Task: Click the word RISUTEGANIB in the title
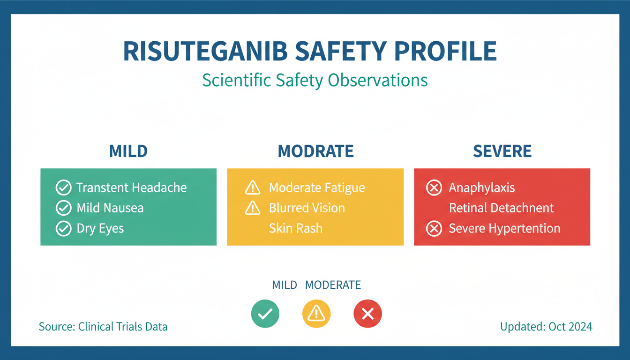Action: click(205, 51)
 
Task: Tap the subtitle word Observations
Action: click(378, 80)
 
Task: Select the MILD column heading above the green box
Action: click(128, 151)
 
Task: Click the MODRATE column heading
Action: click(315, 151)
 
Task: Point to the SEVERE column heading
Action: click(502, 151)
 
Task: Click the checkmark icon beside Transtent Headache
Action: click(64, 187)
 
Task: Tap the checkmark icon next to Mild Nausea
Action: click(64, 208)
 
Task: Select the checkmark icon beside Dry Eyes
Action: click(64, 228)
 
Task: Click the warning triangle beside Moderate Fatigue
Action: click(253, 187)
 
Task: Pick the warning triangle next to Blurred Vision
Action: click(253, 208)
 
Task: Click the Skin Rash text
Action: click(296, 228)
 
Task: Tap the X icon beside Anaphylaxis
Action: click(434, 187)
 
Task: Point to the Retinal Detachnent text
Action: click(501, 208)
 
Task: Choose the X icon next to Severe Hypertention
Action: click(434, 228)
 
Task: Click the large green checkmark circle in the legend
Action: click(265, 314)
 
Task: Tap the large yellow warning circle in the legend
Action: click(316, 314)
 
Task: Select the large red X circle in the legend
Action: click(367, 314)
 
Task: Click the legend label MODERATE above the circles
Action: click(333, 285)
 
